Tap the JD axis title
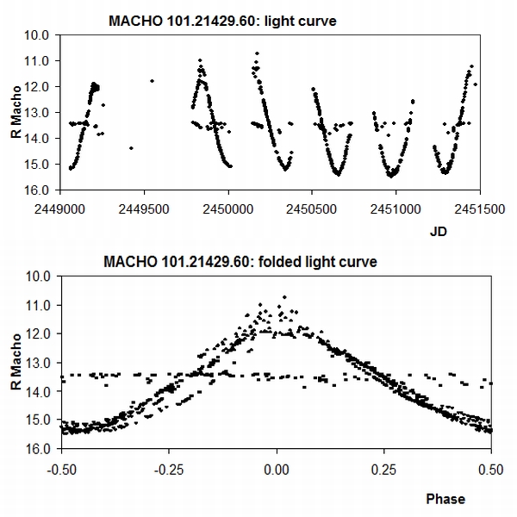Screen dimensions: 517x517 tap(439, 231)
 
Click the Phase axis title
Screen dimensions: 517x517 tap(445, 499)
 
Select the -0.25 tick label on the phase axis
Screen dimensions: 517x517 tap(168, 470)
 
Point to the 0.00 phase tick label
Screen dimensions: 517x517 tap(276, 470)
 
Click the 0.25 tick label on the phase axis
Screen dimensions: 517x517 tap(383, 470)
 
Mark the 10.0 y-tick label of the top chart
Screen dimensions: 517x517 tap(40, 35)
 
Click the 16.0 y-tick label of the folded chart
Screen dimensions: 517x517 tap(40, 449)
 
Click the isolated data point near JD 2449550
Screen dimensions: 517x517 tap(152, 81)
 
